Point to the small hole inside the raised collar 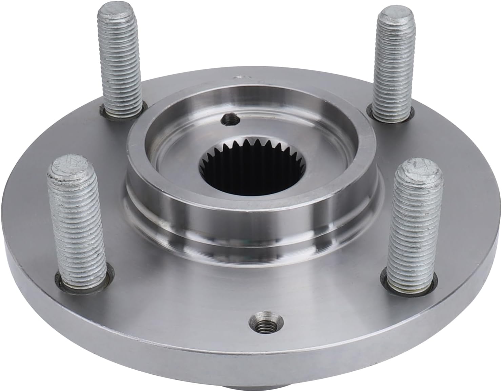[229, 119]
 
